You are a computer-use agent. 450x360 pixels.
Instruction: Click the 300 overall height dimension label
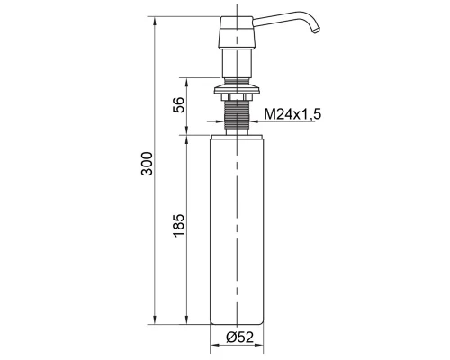point(147,164)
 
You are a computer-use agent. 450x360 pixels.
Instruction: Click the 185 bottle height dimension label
point(179,225)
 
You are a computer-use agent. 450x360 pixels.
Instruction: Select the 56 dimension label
point(179,104)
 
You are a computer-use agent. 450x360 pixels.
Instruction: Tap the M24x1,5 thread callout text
point(292,114)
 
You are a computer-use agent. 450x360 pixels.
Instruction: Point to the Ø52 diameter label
point(240,337)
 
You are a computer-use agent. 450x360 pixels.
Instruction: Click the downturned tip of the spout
point(316,31)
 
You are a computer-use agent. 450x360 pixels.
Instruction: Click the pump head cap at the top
point(237,32)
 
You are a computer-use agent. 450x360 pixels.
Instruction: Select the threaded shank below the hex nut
point(237,114)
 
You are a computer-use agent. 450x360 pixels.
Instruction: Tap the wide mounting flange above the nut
point(237,90)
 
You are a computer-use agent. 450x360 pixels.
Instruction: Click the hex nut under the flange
point(237,97)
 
